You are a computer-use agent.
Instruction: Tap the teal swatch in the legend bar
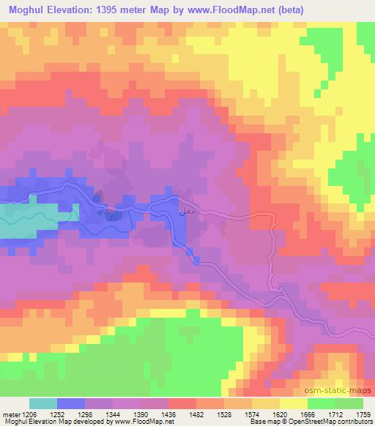tap(43, 403)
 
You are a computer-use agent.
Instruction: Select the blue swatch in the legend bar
tap(71, 403)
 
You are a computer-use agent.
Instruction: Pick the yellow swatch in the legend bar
tap(294, 403)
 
